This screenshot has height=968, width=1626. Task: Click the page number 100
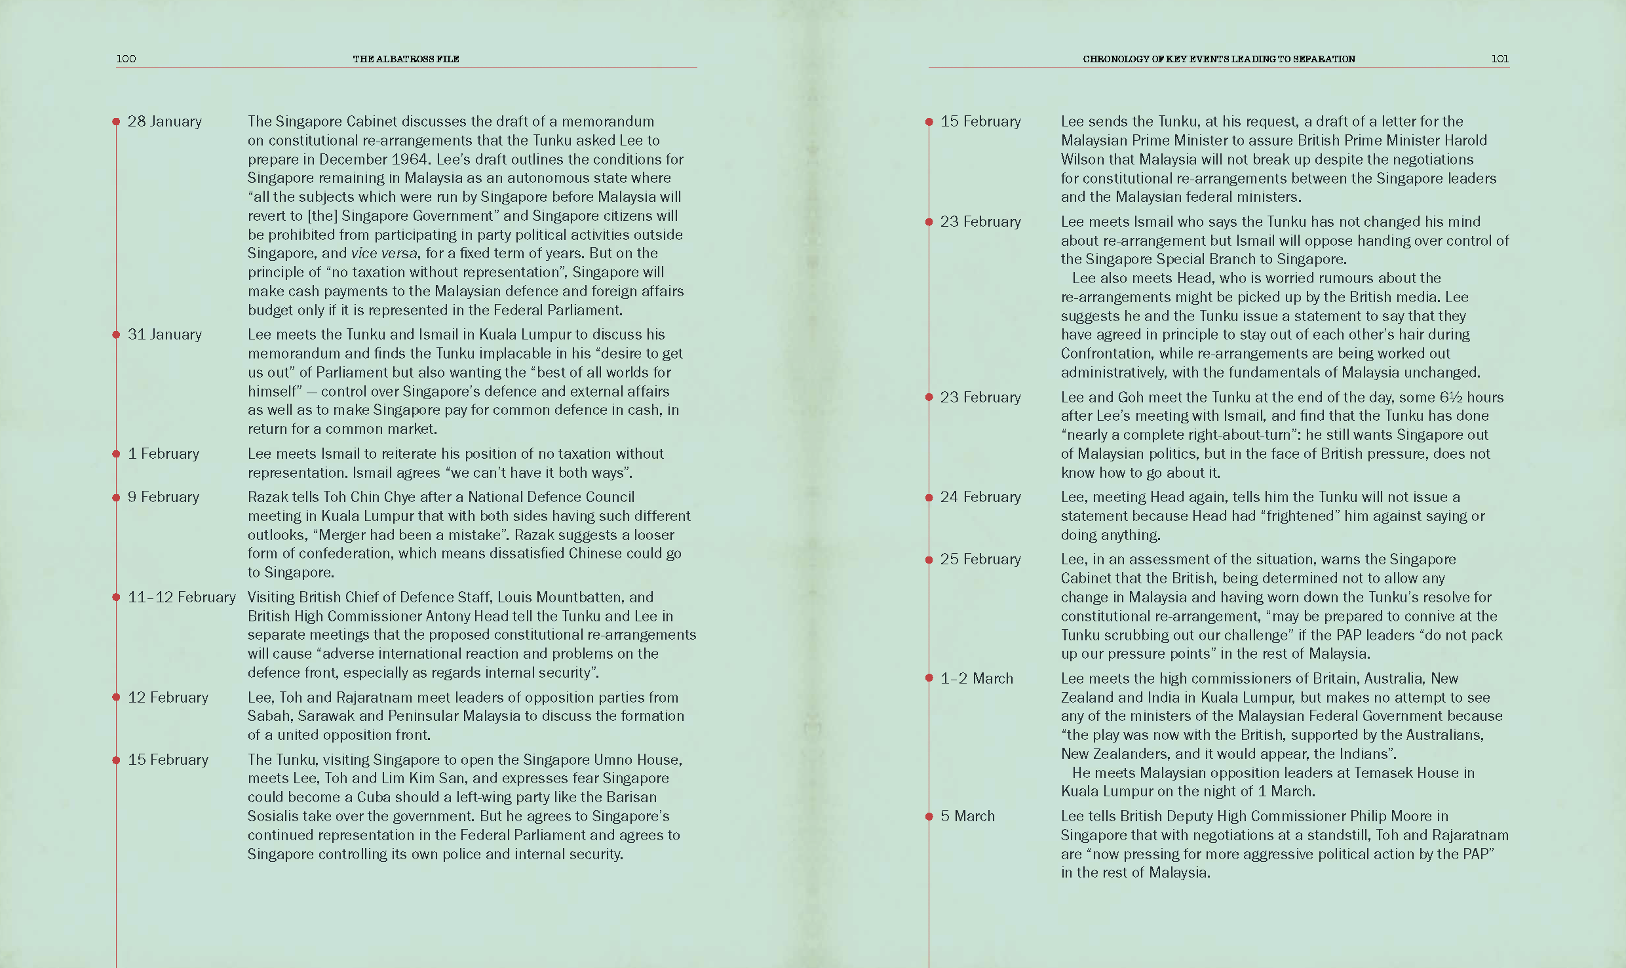click(x=126, y=58)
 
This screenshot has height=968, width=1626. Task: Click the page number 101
click(x=1500, y=58)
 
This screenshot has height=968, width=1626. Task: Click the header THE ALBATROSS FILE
click(x=406, y=59)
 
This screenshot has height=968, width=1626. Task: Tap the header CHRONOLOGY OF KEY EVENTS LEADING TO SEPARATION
click(x=1218, y=59)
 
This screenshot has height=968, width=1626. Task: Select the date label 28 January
click(x=165, y=121)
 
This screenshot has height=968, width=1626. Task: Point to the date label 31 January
click(x=165, y=334)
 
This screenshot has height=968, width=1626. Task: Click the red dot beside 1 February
click(x=116, y=454)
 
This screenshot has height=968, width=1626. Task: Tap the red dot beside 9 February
click(x=116, y=497)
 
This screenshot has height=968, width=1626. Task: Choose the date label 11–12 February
click(x=182, y=597)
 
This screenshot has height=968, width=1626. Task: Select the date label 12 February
click(x=168, y=697)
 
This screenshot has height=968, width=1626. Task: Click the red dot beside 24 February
click(x=929, y=497)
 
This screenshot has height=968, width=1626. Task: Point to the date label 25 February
click(x=980, y=559)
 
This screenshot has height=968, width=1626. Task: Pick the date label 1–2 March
click(x=977, y=678)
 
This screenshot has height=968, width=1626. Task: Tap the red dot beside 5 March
click(x=929, y=817)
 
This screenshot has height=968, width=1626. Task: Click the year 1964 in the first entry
click(x=410, y=159)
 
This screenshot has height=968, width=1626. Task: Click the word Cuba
click(x=375, y=797)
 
